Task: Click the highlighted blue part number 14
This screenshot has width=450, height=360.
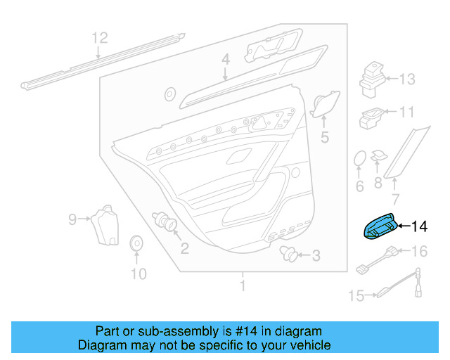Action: point(380,227)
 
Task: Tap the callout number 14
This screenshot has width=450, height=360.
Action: point(420,226)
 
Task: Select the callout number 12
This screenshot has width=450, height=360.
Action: point(100,38)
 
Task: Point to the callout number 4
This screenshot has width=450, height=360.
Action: point(226,60)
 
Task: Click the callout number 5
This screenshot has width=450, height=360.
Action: point(325,137)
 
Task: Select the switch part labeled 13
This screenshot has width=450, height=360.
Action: point(373,79)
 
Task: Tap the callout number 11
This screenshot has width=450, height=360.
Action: point(406,112)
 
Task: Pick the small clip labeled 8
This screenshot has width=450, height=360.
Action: point(379,156)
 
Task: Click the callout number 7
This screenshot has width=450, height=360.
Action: point(396,199)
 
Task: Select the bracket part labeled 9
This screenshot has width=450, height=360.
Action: point(105,225)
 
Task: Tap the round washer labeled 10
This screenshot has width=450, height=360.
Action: point(136,244)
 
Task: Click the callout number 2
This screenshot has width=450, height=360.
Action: point(185,248)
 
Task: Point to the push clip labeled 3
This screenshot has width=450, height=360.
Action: point(288,254)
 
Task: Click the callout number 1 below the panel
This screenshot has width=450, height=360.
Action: point(243,285)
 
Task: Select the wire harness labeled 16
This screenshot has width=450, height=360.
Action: point(377,260)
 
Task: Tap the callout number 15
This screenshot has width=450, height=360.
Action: point(356,295)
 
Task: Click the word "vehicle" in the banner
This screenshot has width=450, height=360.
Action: point(314,345)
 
